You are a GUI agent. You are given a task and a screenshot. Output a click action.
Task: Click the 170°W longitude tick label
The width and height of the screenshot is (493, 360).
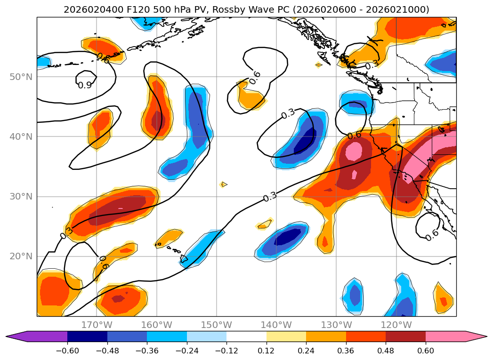pos(97,325)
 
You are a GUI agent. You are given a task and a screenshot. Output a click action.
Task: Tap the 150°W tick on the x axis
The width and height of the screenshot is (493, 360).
pos(217,325)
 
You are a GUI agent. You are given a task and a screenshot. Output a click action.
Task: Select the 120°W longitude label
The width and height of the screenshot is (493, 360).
pos(396,325)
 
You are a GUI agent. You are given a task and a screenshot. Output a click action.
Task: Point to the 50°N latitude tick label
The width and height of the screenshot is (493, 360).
pos(21,77)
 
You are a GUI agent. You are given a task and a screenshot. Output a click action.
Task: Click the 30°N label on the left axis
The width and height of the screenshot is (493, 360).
pos(21,197)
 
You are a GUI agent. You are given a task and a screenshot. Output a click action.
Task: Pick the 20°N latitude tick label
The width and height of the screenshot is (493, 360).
pos(21,256)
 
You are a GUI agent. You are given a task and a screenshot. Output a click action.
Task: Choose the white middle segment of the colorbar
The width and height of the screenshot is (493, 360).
pos(246,336)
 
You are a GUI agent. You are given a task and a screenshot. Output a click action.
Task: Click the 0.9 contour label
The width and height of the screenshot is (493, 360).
pos(85,85)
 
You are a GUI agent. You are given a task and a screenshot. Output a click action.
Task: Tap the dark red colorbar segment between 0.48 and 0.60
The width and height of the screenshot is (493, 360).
pos(405,336)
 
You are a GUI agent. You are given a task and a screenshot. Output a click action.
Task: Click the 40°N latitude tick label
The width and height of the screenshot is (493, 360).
pos(21,137)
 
